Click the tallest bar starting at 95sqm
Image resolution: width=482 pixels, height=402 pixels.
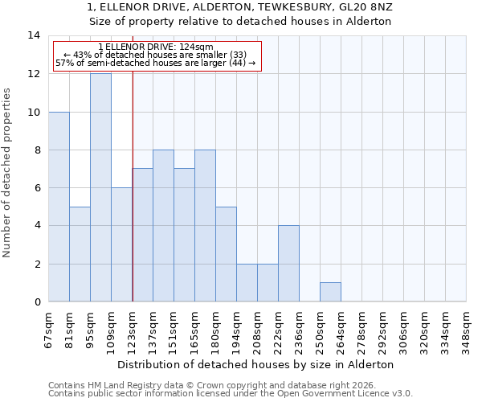(100, 187)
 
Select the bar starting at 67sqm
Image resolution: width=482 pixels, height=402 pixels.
(59, 207)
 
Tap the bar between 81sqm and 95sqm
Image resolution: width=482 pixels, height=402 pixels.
(80, 254)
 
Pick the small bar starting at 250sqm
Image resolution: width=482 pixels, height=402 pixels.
(330, 293)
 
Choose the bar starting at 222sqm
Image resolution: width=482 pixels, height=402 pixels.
(288, 264)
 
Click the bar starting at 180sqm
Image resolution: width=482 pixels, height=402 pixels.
(226, 254)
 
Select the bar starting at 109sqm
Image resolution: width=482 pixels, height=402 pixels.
(121, 244)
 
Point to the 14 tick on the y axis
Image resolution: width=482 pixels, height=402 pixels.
(34, 35)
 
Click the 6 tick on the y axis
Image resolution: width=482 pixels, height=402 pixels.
(37, 188)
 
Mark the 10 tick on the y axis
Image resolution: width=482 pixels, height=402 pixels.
(34, 112)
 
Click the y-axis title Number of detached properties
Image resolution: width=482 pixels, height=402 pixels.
(7, 173)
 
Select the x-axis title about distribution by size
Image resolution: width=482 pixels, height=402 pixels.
(261, 364)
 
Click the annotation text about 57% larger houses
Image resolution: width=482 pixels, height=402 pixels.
(155, 63)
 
